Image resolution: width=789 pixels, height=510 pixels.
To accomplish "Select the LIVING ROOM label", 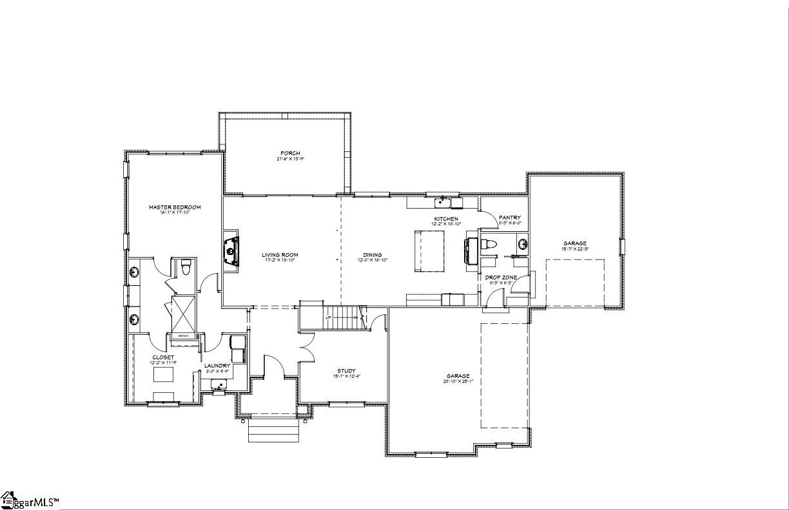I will [x=280, y=255].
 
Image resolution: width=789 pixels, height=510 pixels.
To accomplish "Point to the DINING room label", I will [x=372, y=255].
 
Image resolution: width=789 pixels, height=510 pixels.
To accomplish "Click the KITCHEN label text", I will [x=446, y=219].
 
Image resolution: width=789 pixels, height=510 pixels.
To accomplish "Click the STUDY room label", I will [x=346, y=371].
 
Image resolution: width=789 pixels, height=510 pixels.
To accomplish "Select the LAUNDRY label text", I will [x=217, y=366].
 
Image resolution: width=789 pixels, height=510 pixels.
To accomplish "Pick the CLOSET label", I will [x=163, y=357].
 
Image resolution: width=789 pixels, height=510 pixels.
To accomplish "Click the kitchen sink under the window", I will [x=442, y=203].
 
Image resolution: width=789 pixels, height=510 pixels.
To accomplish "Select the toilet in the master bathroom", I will [x=186, y=266].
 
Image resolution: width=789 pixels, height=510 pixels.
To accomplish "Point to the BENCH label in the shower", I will [x=183, y=335].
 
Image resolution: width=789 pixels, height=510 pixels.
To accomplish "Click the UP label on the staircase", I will [x=328, y=317].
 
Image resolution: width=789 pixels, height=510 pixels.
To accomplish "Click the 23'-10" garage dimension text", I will [x=458, y=381].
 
